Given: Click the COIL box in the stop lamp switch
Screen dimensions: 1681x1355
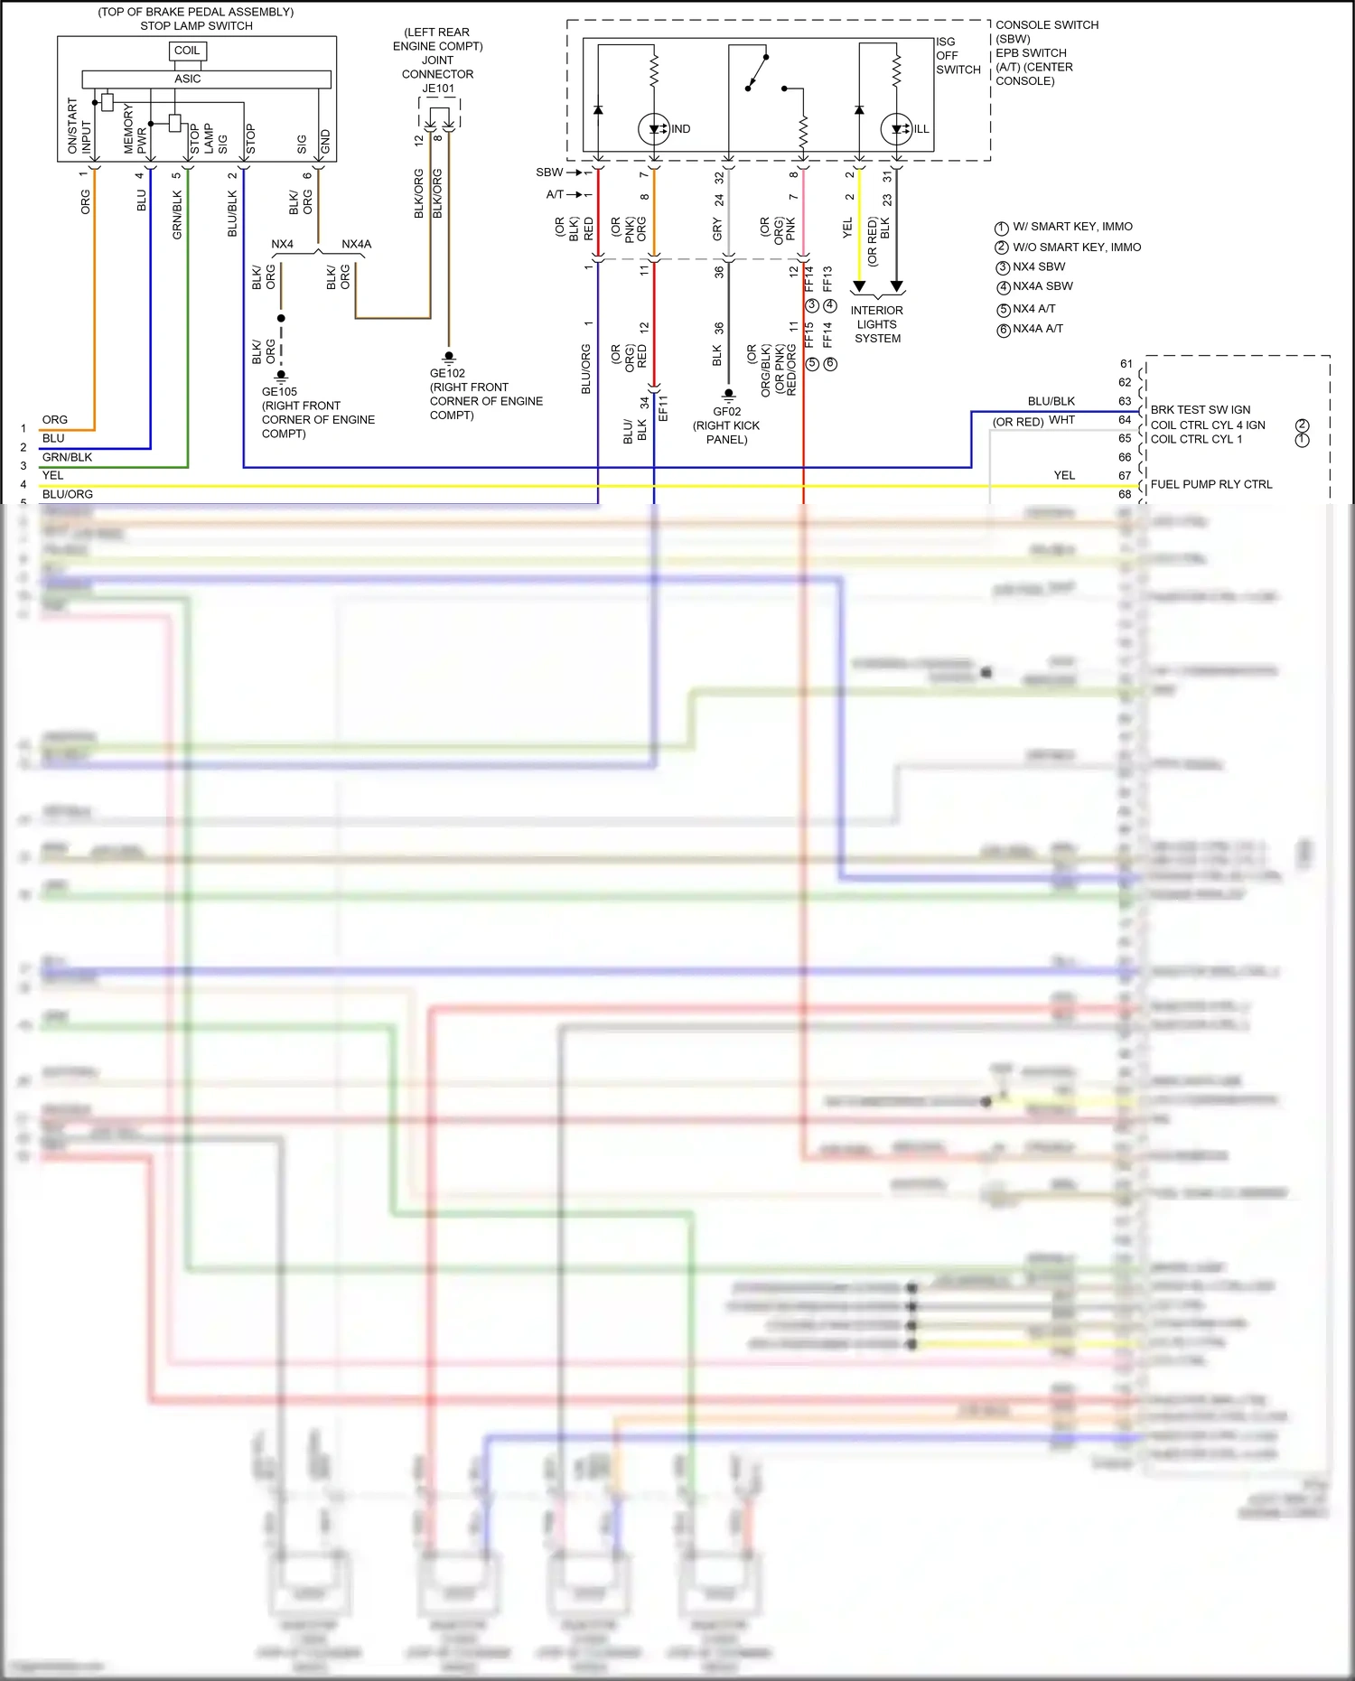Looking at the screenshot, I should pos(187,51).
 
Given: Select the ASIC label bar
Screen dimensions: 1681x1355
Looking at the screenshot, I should pos(188,79).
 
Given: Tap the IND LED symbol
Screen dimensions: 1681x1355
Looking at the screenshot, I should pos(654,129).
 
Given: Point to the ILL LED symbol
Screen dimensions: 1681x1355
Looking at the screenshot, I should pos(897,129).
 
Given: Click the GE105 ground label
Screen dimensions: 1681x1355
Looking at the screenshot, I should pos(279,392).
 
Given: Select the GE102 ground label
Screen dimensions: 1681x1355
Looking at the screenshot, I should pos(447,373).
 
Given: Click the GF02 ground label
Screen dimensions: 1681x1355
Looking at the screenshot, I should pos(726,412).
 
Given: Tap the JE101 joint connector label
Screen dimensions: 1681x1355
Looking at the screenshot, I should pos(438,89).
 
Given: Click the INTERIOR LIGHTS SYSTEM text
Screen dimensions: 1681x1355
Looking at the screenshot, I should pos(876,324).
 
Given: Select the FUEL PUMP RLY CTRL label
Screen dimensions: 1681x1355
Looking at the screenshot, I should pos(1210,484).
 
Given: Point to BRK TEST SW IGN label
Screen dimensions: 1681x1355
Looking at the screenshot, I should pos(1200,410).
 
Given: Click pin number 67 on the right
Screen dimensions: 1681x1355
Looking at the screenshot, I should pos(1125,476).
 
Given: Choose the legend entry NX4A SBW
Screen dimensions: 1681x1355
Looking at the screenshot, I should pos(1042,286).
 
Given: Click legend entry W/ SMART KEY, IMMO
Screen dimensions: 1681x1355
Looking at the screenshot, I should pos(1072,227).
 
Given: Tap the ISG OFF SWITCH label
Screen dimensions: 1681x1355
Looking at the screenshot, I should pos(958,56).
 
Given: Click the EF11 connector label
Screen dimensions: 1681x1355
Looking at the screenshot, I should pos(663,408).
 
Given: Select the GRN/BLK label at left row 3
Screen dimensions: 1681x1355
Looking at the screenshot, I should pos(68,457).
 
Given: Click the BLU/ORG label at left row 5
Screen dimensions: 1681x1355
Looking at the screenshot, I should pos(68,494).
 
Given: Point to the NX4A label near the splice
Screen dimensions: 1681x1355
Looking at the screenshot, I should pos(356,244).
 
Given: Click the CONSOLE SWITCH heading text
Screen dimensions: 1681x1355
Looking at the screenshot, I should pos(1047,25).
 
